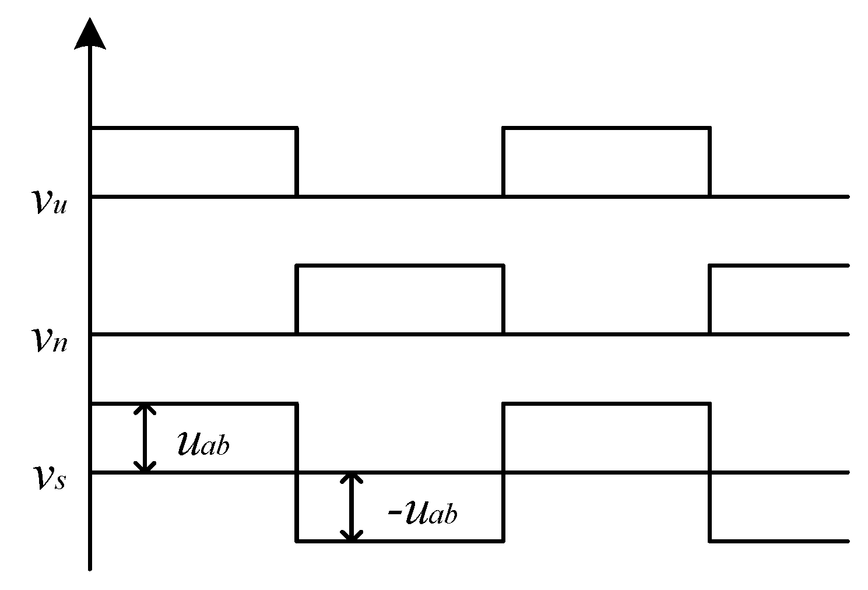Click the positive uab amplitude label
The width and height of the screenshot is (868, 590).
pos(203,445)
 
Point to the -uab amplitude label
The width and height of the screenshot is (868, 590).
pos(422,514)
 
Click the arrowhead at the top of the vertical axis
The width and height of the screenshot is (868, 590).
pos(90,34)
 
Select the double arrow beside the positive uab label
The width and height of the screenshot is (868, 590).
pos(145,437)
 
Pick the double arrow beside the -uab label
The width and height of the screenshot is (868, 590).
pos(351,507)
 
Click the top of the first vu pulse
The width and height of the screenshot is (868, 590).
pos(194,127)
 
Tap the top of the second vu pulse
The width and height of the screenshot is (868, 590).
pos(606,127)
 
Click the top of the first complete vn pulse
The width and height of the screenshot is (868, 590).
pos(400,265)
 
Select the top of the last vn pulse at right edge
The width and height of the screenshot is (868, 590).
pos(778,265)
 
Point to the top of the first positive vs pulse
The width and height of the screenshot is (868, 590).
pos(194,403)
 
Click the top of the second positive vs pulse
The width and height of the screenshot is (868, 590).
pos(606,403)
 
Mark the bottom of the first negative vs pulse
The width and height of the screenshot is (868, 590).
pos(400,541)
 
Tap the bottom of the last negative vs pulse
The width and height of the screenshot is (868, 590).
pos(778,541)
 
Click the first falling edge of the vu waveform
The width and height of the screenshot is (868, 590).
pos(297,161)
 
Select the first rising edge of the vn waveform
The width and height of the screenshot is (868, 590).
pos(297,300)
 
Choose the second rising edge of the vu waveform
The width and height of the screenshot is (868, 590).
pos(504,161)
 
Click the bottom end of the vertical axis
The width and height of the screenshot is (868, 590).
pos(90,568)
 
